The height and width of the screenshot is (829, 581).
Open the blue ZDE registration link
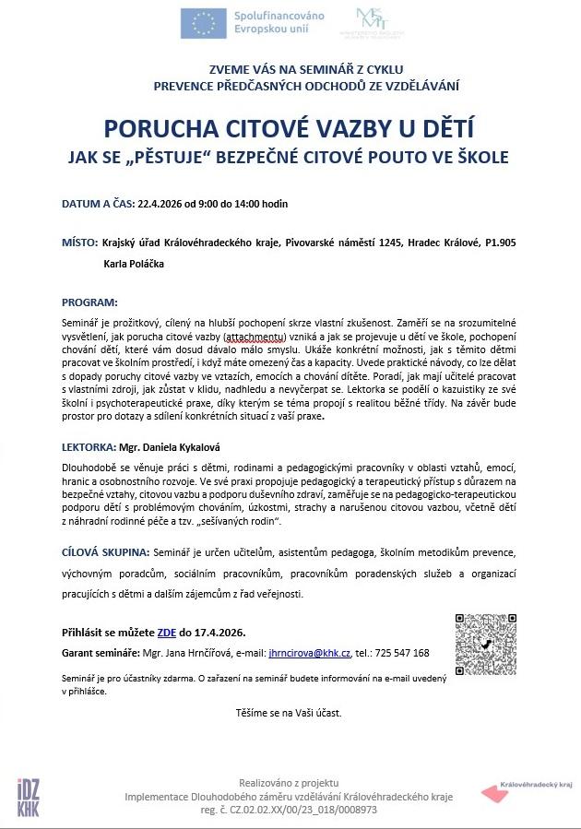pyautogui.click(x=167, y=633)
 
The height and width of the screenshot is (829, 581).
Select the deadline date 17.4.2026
pyautogui.click(x=221, y=633)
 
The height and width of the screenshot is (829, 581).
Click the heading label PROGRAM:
pyautogui.click(x=89, y=302)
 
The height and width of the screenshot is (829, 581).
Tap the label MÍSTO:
pyautogui.click(x=80, y=243)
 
